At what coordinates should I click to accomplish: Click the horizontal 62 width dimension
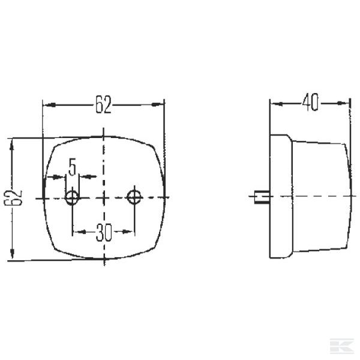(x=103, y=106)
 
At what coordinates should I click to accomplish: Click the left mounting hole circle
(x=73, y=197)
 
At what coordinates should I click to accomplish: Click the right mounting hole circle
(x=134, y=196)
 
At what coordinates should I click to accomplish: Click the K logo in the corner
(x=346, y=346)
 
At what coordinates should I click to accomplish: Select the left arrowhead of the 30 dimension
(x=76, y=230)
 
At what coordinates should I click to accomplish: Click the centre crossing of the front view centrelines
(x=104, y=197)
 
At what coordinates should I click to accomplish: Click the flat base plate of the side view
(x=278, y=197)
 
